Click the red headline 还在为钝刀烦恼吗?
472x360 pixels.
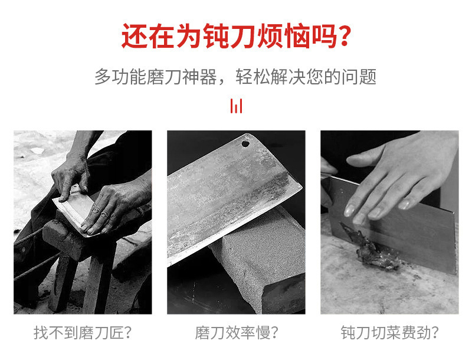237,36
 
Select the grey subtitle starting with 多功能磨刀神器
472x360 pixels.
235,77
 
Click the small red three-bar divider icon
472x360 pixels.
237,106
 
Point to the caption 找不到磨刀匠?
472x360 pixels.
83,333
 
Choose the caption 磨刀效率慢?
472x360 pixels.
237,333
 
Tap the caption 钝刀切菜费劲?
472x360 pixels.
389,333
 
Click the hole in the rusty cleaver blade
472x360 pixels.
245,143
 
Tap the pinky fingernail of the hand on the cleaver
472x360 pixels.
404,205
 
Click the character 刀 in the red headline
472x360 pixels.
242,36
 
